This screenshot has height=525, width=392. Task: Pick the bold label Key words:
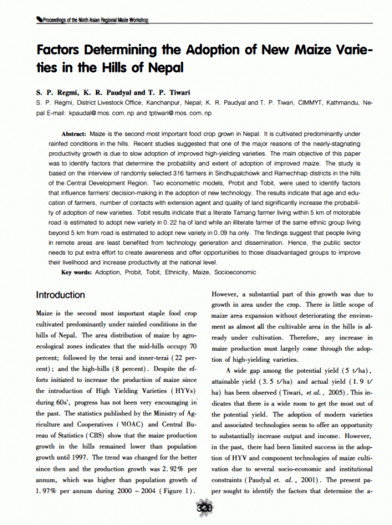pos(76,270)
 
